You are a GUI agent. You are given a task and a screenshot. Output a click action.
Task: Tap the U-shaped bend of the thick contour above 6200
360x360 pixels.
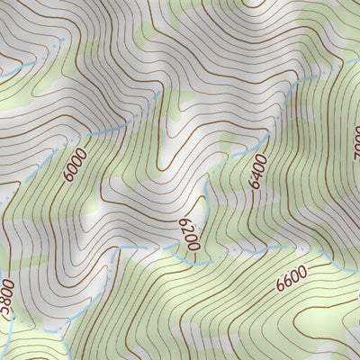click(x=163, y=166)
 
